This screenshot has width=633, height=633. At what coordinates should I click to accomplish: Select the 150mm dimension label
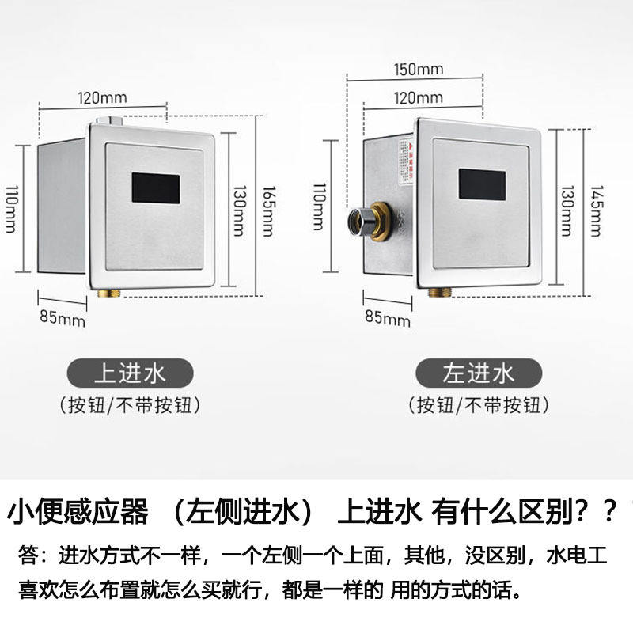tap(418, 68)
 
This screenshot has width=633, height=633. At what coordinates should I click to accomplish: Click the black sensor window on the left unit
tap(156, 188)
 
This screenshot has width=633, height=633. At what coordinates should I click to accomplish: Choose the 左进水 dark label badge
tap(479, 373)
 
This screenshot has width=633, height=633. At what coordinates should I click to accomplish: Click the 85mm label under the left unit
tap(63, 320)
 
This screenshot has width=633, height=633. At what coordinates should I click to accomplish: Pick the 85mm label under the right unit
tap(389, 318)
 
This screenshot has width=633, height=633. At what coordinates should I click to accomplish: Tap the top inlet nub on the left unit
tap(108, 122)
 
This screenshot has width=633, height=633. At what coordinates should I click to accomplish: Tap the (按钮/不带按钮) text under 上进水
tap(129, 406)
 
